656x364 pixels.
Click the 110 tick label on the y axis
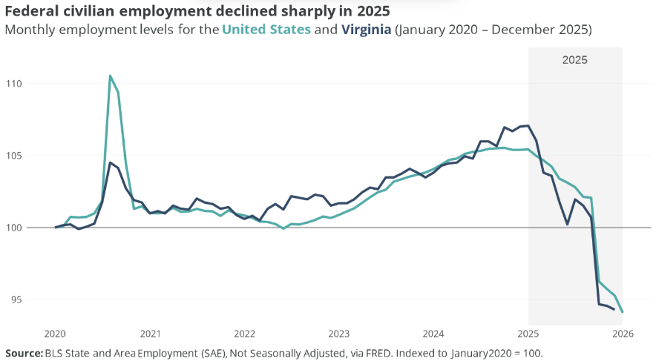point(13,84)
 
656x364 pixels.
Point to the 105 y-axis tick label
point(13,156)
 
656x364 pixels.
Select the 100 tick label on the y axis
point(13,228)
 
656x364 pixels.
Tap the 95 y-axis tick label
point(16,300)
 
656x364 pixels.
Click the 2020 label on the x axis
point(56,334)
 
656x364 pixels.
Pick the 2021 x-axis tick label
point(151,334)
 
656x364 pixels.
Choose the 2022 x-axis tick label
point(245,334)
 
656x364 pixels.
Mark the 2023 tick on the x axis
point(339,334)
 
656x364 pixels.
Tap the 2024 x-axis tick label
point(433,334)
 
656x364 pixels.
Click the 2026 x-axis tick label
point(623,334)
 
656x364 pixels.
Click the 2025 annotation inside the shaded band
point(574,60)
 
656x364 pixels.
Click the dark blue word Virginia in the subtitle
point(367,30)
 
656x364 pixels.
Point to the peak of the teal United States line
point(111,76)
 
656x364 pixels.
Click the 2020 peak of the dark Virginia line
point(111,162)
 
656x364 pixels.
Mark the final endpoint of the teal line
point(622,312)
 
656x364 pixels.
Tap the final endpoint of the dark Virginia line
point(614,308)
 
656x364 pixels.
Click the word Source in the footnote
point(23,353)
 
